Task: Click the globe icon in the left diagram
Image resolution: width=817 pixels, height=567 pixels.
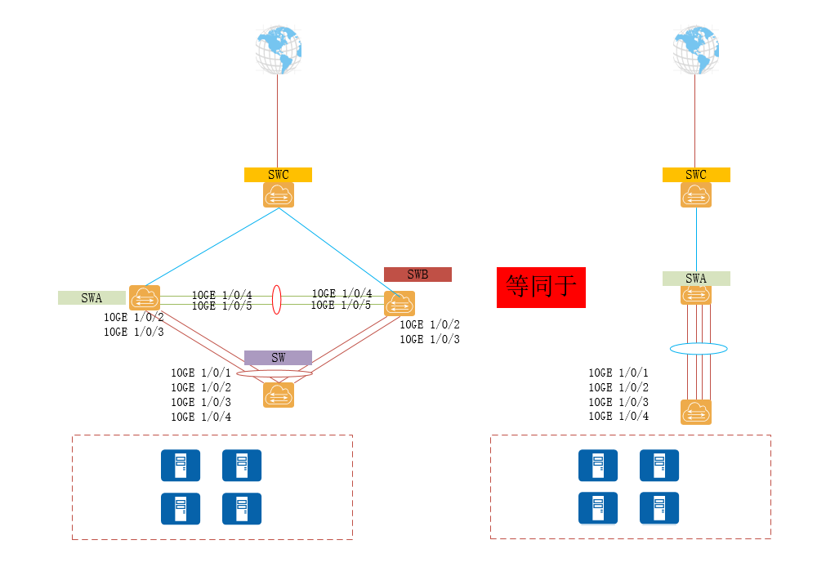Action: pos(278,50)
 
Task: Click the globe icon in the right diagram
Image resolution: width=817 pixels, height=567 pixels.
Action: pos(696,50)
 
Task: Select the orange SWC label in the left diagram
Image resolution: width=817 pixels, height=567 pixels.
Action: pos(278,175)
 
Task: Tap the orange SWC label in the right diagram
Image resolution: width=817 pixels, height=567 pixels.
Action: pos(696,175)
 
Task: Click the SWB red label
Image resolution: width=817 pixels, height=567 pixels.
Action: pos(417,275)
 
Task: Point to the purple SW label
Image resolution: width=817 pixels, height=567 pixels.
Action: pos(278,358)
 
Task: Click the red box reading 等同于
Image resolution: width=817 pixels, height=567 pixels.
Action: pos(541,287)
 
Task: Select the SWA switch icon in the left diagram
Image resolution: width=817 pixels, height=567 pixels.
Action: pos(144,297)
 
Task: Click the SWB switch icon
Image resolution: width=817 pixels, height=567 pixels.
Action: pos(400,303)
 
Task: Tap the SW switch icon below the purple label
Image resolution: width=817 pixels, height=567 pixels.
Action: pos(279,395)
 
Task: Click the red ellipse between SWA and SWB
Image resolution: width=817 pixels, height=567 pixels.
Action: pos(277,298)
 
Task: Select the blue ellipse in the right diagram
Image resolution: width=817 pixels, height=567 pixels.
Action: pos(699,349)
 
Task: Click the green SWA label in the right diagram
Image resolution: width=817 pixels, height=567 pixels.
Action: pos(696,279)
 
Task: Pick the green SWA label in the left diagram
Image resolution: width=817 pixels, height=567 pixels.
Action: pos(92,297)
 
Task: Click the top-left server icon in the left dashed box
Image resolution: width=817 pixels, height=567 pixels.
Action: pos(181,465)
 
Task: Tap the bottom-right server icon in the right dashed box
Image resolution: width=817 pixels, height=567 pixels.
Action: pos(659,508)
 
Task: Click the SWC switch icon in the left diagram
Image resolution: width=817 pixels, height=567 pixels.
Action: pos(279,194)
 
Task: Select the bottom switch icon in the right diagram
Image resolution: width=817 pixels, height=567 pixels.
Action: pos(696,412)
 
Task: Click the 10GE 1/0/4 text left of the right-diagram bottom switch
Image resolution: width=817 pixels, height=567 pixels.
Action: pos(618,417)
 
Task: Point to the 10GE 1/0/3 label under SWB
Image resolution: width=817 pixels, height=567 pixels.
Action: pos(429,339)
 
